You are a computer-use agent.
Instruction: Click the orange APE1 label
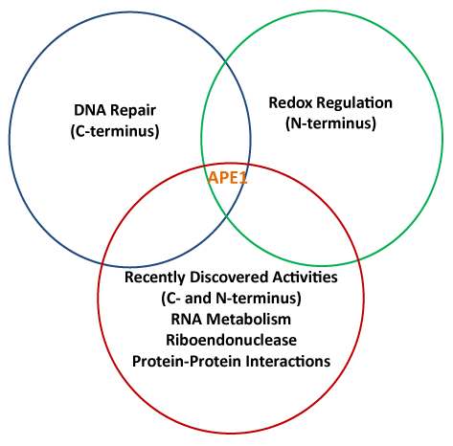coord(228,177)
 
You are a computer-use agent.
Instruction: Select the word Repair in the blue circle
coord(133,111)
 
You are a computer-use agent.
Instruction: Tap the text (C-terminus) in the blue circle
coord(115,131)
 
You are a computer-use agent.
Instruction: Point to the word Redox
coord(291,103)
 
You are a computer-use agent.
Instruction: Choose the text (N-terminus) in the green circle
coord(330,123)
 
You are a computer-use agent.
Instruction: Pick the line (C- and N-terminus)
coord(232,299)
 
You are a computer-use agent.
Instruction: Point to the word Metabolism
coord(249,319)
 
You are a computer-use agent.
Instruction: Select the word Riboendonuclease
coord(232,340)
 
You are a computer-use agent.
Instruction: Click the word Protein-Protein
coord(187,362)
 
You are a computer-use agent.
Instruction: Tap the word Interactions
coord(288,362)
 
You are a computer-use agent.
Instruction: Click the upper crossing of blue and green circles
coord(226,60)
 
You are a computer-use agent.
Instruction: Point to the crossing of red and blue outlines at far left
coord(102,264)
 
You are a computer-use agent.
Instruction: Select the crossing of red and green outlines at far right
coord(359,260)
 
